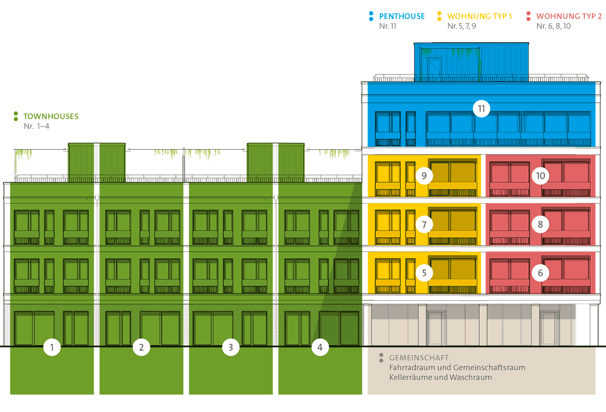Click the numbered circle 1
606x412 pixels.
(52, 347)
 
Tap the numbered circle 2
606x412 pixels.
(141, 347)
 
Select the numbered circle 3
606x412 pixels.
(231, 347)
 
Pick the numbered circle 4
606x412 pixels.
(320, 347)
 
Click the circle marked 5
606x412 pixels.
(424, 273)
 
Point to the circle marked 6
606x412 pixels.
(541, 273)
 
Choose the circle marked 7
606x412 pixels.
(424, 224)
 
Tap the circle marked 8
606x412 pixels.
(541, 224)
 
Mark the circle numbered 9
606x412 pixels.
(424, 176)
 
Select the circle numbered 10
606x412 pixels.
(541, 176)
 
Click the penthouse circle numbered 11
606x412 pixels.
(481, 109)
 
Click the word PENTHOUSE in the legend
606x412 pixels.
(402, 17)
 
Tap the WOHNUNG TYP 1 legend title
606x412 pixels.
(479, 17)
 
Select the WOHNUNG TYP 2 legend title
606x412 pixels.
(569, 17)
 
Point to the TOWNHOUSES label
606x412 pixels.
(51, 116)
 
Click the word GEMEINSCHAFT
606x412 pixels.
(419, 358)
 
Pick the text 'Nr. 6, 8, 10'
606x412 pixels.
(553, 26)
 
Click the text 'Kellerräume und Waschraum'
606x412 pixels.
(440, 377)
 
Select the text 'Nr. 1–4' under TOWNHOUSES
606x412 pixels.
(36, 126)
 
